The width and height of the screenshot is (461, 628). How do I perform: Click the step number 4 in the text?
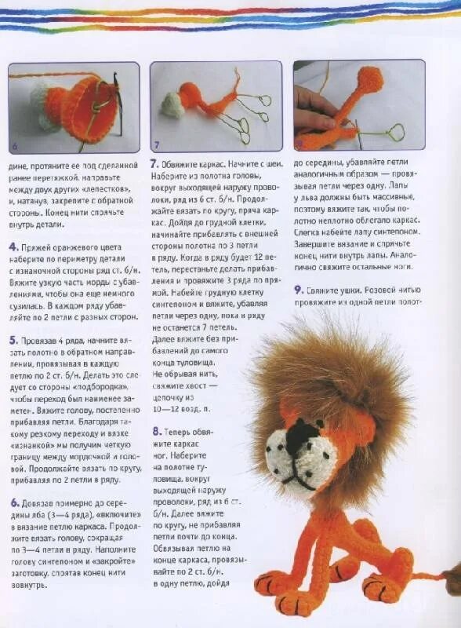coord(13,246)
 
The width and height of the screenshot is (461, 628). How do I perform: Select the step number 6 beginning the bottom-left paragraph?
coord(13,502)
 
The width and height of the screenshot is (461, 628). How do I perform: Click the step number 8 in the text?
coord(157,431)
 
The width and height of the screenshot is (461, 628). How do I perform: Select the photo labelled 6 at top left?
coord(74,108)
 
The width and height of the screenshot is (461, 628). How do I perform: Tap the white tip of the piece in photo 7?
coord(173,105)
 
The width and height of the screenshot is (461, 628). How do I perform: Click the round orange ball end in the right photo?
coord(368,79)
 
